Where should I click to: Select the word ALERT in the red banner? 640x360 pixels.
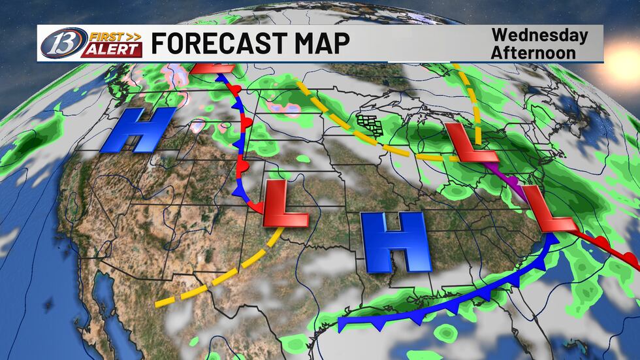coord(111,50)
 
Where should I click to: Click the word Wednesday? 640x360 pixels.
coord(539,35)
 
